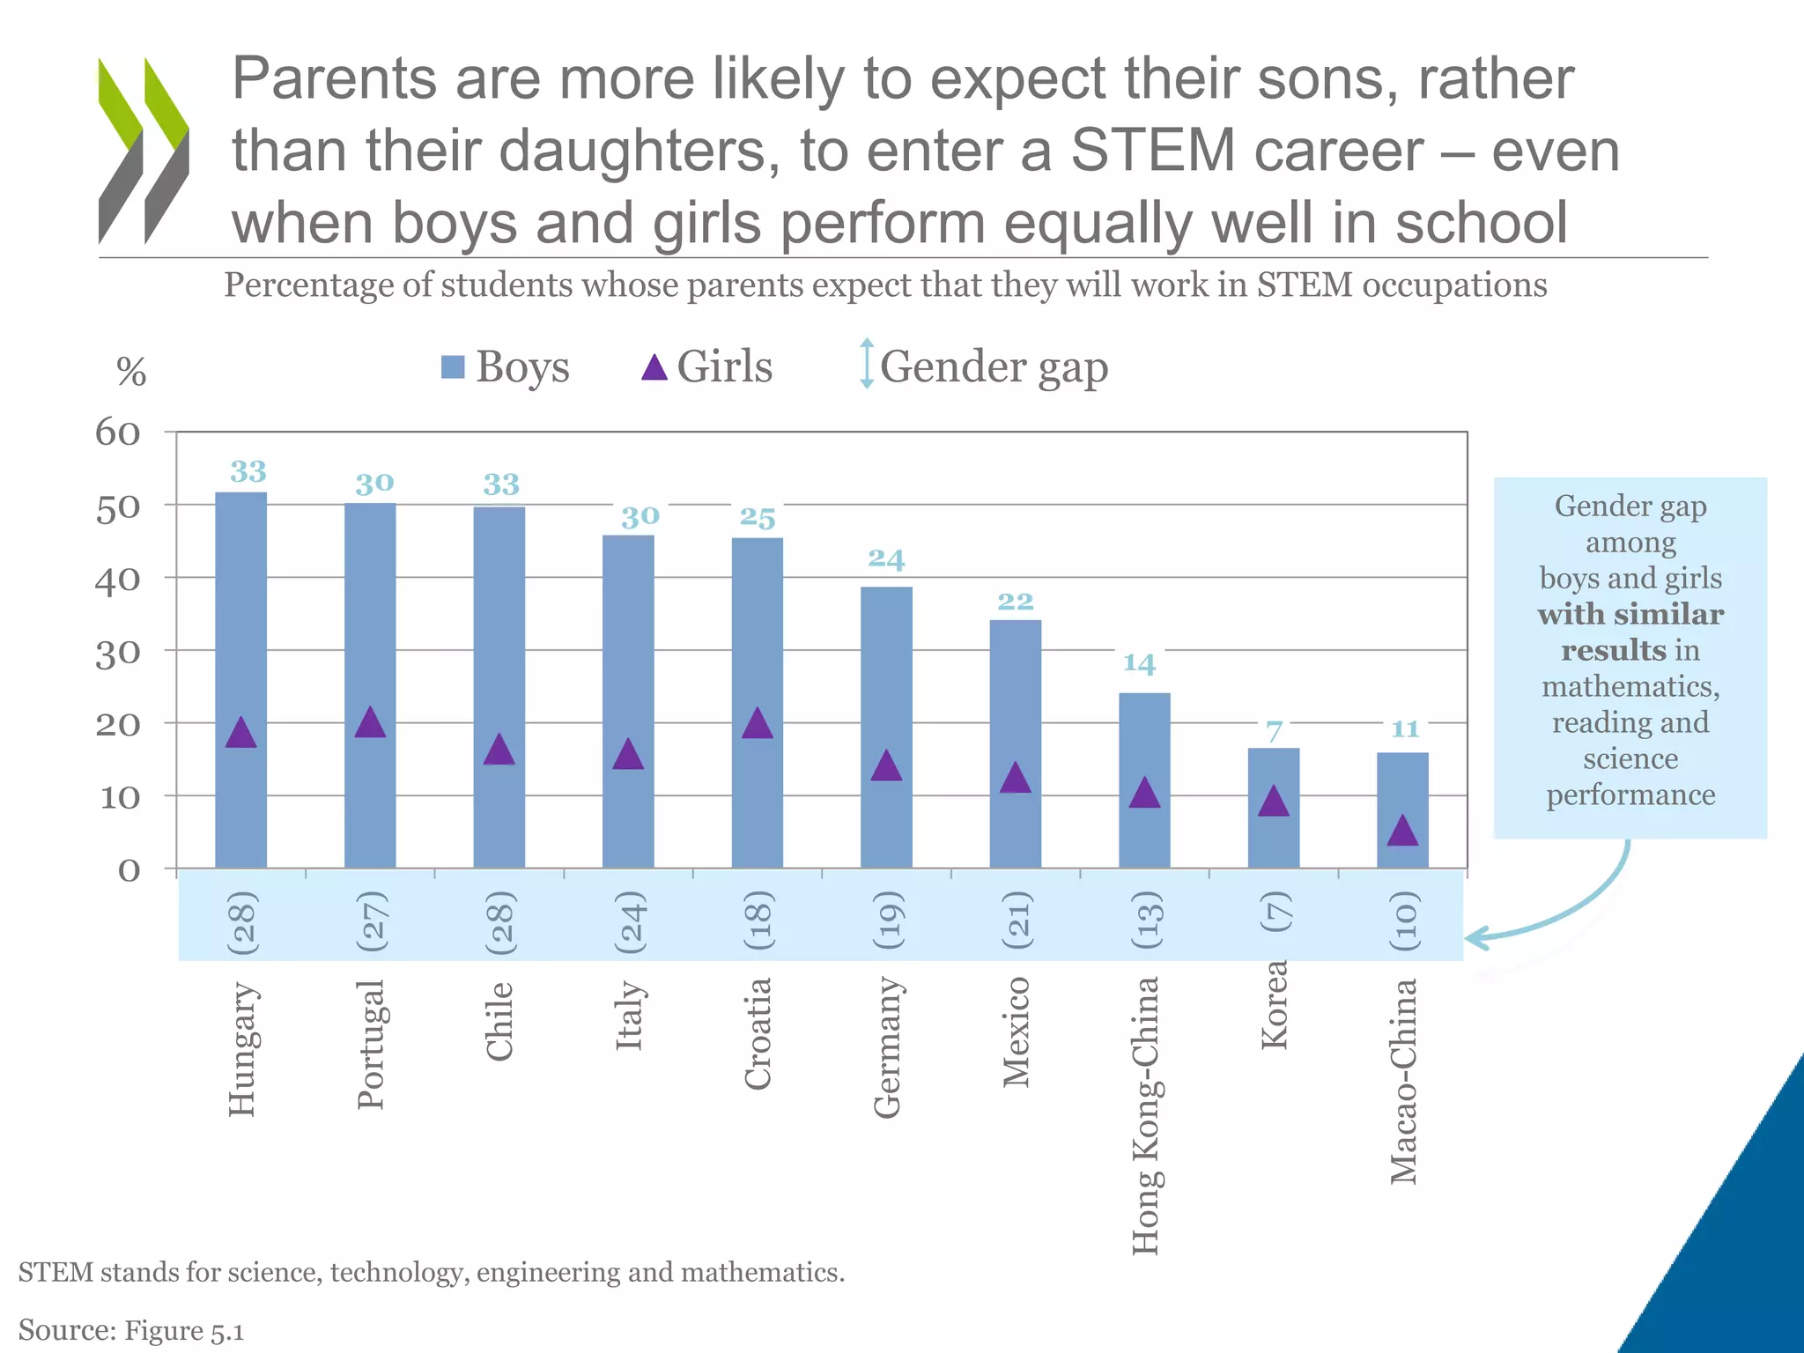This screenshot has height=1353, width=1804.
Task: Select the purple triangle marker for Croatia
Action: (758, 723)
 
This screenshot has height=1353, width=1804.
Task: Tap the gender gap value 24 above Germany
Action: (886, 558)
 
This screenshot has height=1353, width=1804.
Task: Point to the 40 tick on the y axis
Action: (118, 580)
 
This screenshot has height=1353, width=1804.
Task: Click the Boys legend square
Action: (453, 367)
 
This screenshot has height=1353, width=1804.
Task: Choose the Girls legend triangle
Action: (654, 367)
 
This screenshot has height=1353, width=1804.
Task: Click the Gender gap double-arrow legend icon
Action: (867, 364)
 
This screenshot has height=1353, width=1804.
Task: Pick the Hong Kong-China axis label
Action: (1144, 1114)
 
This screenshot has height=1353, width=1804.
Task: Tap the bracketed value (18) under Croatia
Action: (758, 920)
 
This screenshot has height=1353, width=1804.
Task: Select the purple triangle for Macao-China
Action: (1402, 832)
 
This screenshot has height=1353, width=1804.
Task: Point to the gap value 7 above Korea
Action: (1274, 731)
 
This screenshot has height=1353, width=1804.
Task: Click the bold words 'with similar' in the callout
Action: (1630, 614)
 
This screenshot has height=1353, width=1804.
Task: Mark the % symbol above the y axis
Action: (131, 372)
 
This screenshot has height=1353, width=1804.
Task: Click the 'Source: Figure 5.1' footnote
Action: (131, 1330)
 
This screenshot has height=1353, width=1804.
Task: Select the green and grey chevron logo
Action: (144, 150)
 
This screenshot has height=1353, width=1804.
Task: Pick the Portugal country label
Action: (370, 1044)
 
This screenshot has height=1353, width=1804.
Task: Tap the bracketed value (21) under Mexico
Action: (1017, 920)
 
